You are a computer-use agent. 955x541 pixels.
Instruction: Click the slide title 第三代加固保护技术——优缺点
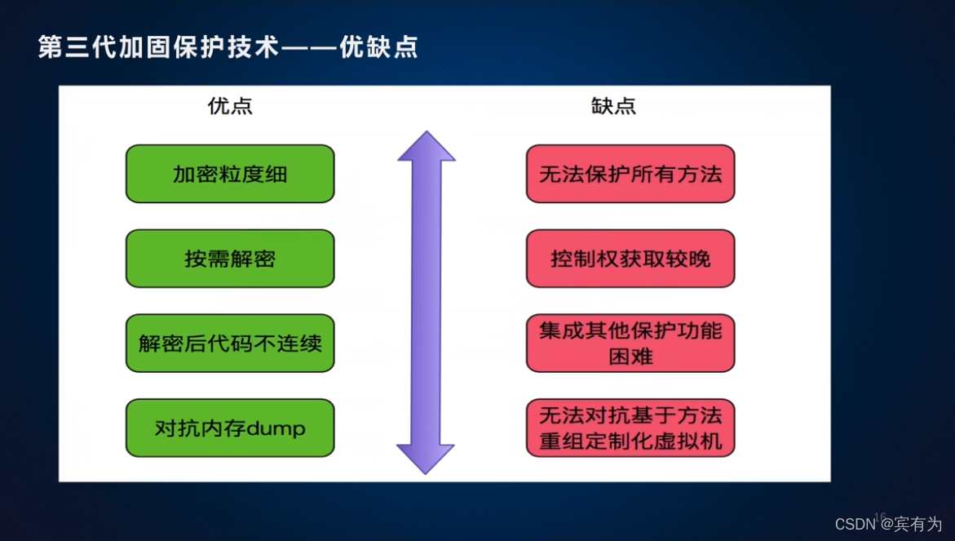228,47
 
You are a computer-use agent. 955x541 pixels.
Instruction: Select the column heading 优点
230,106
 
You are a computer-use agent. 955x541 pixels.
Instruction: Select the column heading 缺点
613,106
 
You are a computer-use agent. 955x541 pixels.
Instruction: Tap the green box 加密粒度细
230,174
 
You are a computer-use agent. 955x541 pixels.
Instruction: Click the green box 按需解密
230,259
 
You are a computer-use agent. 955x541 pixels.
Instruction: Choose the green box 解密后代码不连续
230,343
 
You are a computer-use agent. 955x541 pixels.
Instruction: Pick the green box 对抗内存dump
230,428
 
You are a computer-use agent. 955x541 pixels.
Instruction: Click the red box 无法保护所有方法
630,174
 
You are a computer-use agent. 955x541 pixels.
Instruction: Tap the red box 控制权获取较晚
630,259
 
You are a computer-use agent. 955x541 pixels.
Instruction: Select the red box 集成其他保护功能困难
630,343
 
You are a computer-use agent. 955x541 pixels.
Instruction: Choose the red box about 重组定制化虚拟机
630,428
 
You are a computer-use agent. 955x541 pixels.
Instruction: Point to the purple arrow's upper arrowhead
426,147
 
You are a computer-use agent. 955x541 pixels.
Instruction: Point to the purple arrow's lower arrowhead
426,459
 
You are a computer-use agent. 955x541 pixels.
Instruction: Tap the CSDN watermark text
855,524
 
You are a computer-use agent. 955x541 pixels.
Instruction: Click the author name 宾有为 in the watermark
918,524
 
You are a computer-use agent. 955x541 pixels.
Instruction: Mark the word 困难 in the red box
630,357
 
